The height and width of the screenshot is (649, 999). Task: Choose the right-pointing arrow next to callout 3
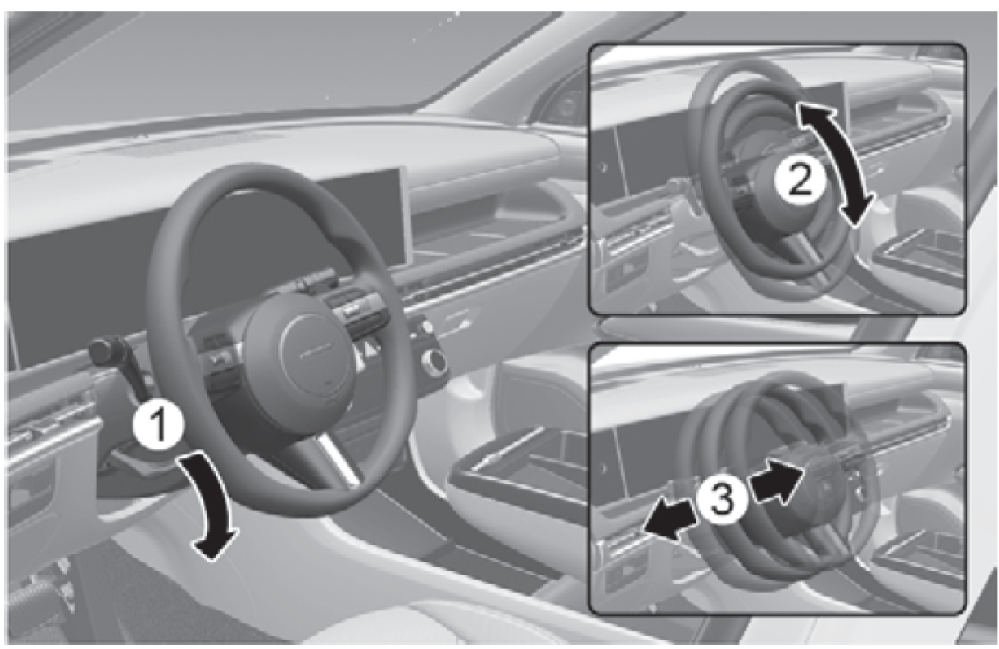tap(776, 480)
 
